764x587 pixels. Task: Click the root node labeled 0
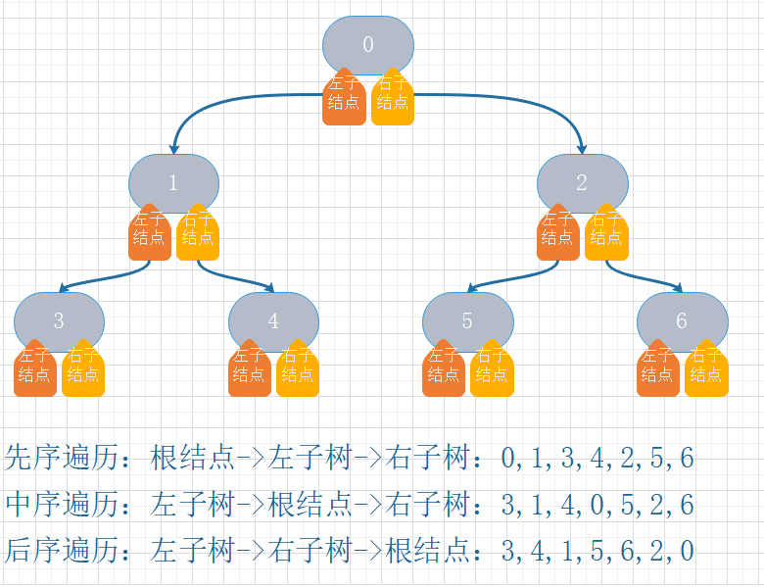(368, 45)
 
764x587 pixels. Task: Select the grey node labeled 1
(173, 182)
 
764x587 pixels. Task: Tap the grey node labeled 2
(582, 182)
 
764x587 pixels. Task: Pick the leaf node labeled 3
(59, 320)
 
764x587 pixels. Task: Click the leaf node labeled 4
(273, 320)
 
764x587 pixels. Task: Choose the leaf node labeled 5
(467, 320)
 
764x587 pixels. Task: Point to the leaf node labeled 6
(682, 320)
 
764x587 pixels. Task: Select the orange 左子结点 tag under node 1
(150, 235)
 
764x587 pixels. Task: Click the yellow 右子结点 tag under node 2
(606, 235)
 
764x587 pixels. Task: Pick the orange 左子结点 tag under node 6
(657, 371)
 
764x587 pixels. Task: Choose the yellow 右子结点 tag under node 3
(83, 371)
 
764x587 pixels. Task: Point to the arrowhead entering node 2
(582, 149)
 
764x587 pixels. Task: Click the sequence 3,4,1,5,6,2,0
(597, 551)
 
